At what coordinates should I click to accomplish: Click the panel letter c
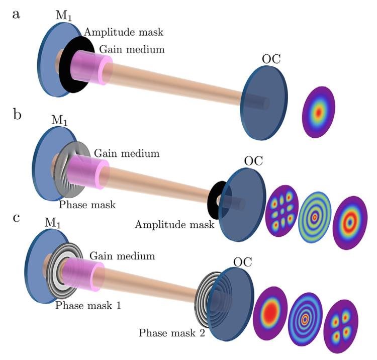[x=16, y=220]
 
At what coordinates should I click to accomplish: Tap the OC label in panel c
[x=243, y=262]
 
